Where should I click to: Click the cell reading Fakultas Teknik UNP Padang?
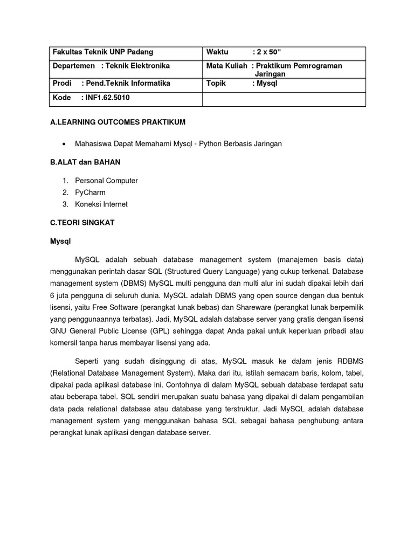(x=102, y=52)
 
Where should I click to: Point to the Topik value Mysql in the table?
(x=267, y=84)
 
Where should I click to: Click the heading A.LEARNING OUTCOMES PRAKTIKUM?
(x=118, y=122)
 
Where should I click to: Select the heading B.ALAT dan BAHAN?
(x=85, y=162)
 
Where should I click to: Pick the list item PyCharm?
(x=90, y=192)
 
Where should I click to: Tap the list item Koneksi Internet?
(x=101, y=204)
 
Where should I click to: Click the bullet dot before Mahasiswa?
(x=65, y=144)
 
